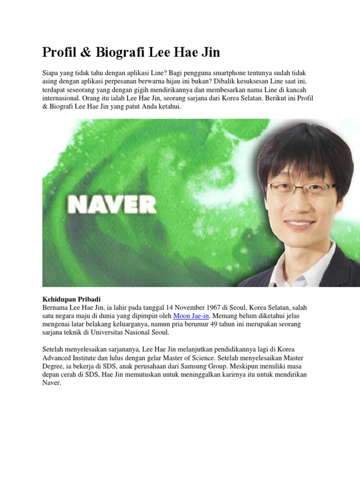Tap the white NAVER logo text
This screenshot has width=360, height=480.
pyautogui.click(x=111, y=204)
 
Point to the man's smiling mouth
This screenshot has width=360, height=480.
pyautogui.click(x=299, y=222)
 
